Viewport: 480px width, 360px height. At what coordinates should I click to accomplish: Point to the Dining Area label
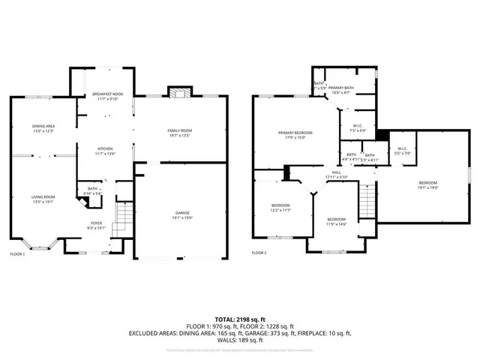pos(43,127)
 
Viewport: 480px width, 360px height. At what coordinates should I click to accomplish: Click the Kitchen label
pos(104,151)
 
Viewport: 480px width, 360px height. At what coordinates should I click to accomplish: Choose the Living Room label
pos(43,199)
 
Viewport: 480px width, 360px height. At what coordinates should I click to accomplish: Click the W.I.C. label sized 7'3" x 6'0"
pos(358,127)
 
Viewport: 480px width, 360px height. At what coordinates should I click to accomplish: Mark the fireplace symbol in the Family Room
pos(178,93)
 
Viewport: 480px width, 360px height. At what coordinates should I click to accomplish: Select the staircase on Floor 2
pos(367,199)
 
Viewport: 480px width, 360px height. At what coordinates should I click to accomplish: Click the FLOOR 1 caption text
pos(17,253)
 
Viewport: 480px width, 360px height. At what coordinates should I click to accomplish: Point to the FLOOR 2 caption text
pos(259,253)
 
